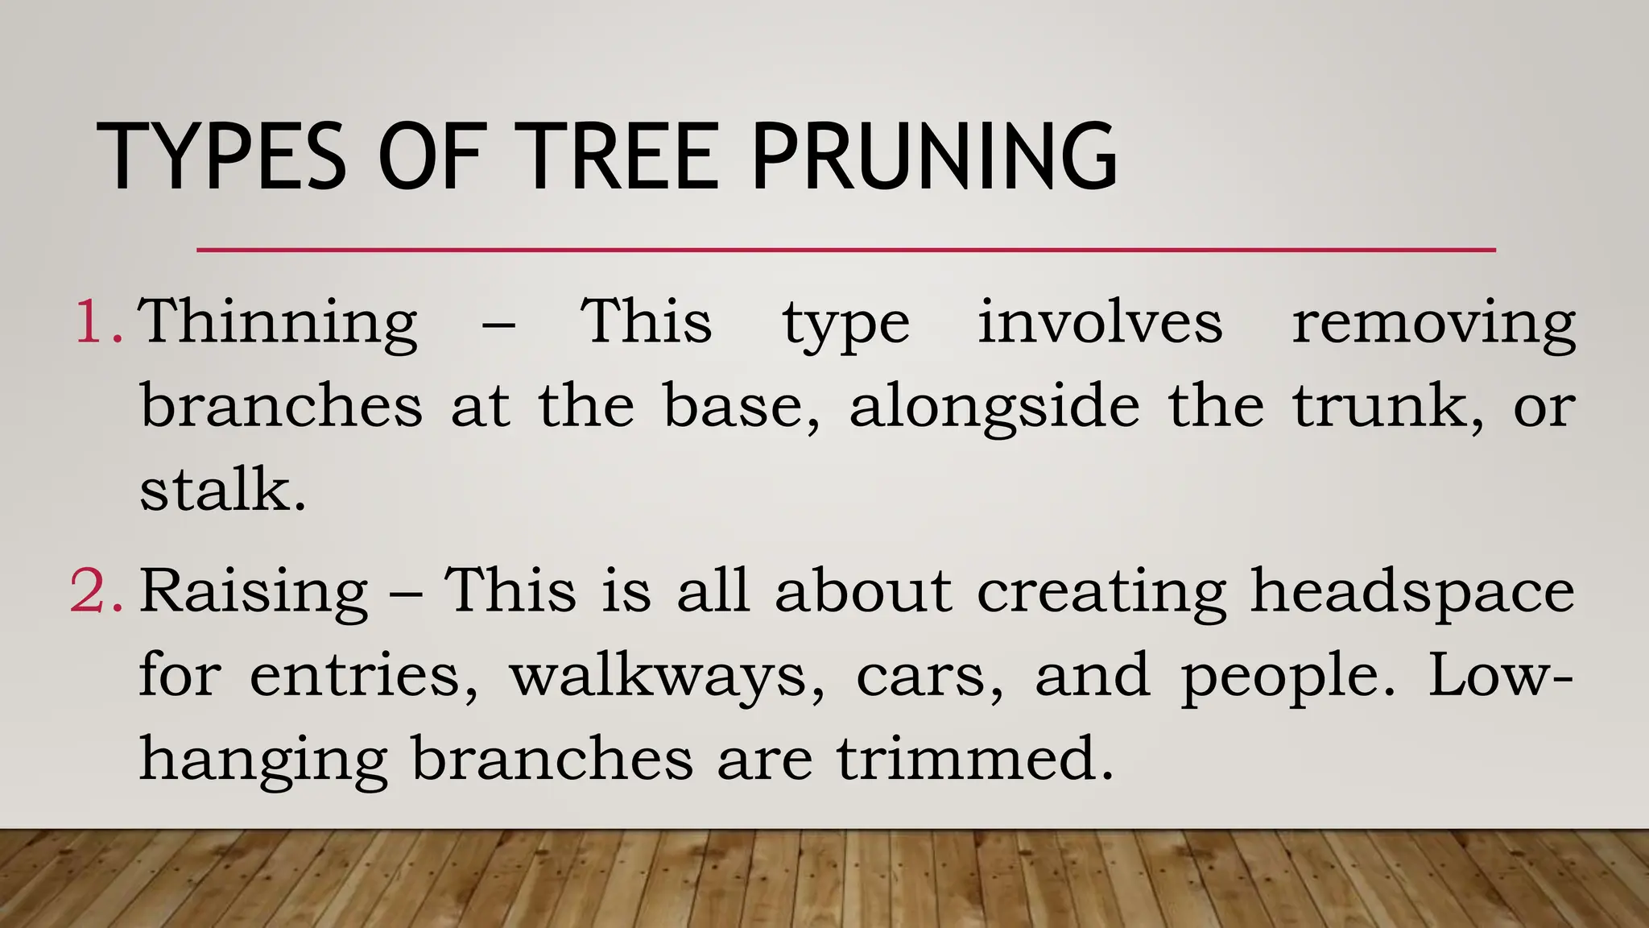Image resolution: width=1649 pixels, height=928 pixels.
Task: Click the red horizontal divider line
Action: tap(845, 251)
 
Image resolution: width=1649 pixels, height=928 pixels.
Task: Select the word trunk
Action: tap(1387, 406)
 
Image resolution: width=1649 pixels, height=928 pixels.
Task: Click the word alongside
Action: tap(994, 408)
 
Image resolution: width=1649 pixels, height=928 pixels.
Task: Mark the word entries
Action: tap(363, 676)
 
